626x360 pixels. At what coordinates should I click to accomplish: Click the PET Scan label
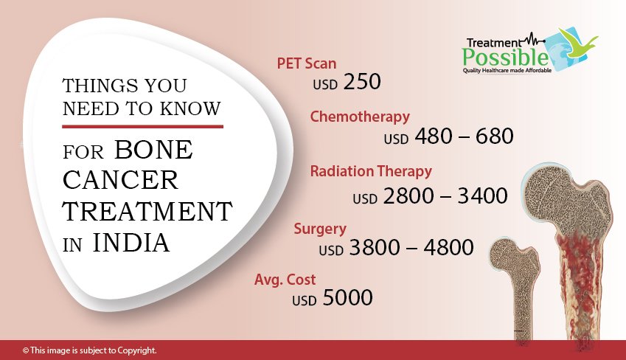[x=307, y=63]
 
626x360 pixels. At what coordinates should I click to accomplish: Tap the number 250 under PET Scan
[x=362, y=81]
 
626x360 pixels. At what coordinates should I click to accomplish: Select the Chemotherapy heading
[x=360, y=117]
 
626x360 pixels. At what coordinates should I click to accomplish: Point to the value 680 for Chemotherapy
[x=494, y=136]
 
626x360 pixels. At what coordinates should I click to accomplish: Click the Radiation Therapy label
[x=371, y=171]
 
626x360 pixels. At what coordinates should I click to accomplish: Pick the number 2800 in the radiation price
[x=408, y=195]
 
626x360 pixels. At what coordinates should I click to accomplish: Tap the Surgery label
[x=320, y=229]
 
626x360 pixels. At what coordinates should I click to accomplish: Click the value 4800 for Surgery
[x=449, y=247]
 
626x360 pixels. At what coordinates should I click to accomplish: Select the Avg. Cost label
[x=285, y=280]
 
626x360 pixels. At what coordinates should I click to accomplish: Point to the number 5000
[x=348, y=298]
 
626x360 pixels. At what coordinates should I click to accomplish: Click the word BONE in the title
[x=153, y=150]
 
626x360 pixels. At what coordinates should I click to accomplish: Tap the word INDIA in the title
[x=131, y=243]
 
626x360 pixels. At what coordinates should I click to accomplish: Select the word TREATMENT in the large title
[x=147, y=211]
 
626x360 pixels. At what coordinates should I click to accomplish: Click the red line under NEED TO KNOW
[x=142, y=127]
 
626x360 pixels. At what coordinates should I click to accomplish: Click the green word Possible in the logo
[x=505, y=57]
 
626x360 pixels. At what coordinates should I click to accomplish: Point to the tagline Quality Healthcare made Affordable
[x=507, y=70]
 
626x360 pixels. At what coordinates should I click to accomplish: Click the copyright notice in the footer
[x=89, y=350]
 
